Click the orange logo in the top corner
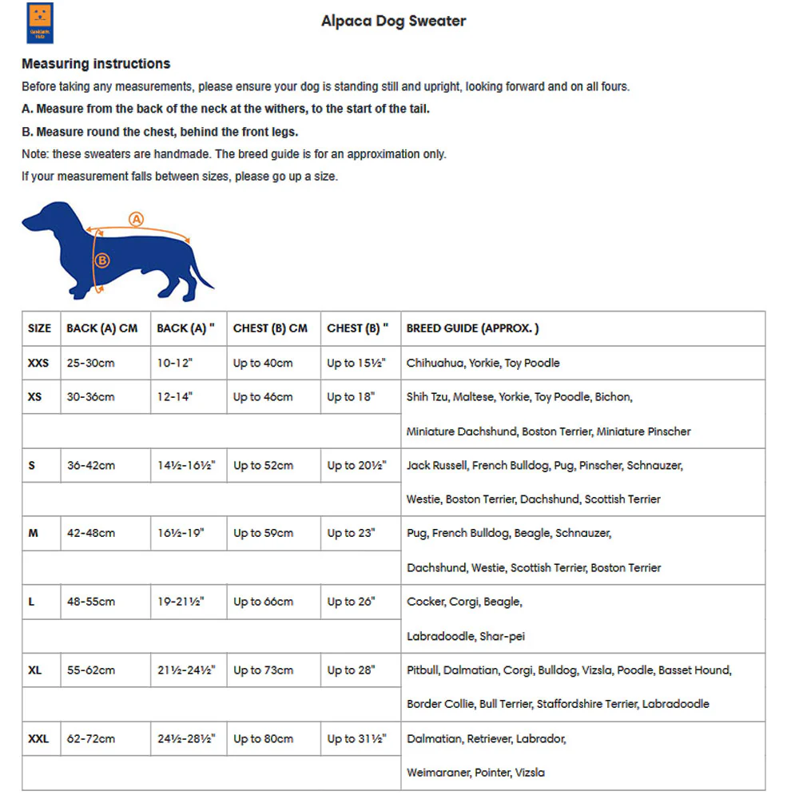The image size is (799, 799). coord(40,22)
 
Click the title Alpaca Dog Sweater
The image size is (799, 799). coord(393,22)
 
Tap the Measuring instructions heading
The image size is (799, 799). coord(96,64)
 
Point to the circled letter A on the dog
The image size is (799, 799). coord(136,219)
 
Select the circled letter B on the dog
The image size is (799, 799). coord(101,260)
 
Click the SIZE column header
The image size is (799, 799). coord(39,328)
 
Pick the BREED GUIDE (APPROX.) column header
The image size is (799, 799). coord(472,328)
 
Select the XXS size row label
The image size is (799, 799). coord(38,363)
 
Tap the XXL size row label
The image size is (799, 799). coord(38,739)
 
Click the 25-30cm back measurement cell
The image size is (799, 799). coord(90,363)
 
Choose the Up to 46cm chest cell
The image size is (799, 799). coord(263,397)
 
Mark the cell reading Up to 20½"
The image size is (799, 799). coord(356,465)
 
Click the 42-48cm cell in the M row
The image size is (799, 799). coord(90,533)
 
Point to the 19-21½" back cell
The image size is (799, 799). coord(181,602)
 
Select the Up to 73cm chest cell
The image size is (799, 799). coord(263,670)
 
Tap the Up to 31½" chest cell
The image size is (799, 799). coord(356,739)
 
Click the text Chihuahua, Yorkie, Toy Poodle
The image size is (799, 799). coord(483,363)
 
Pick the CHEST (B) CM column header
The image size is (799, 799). coord(270,328)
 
